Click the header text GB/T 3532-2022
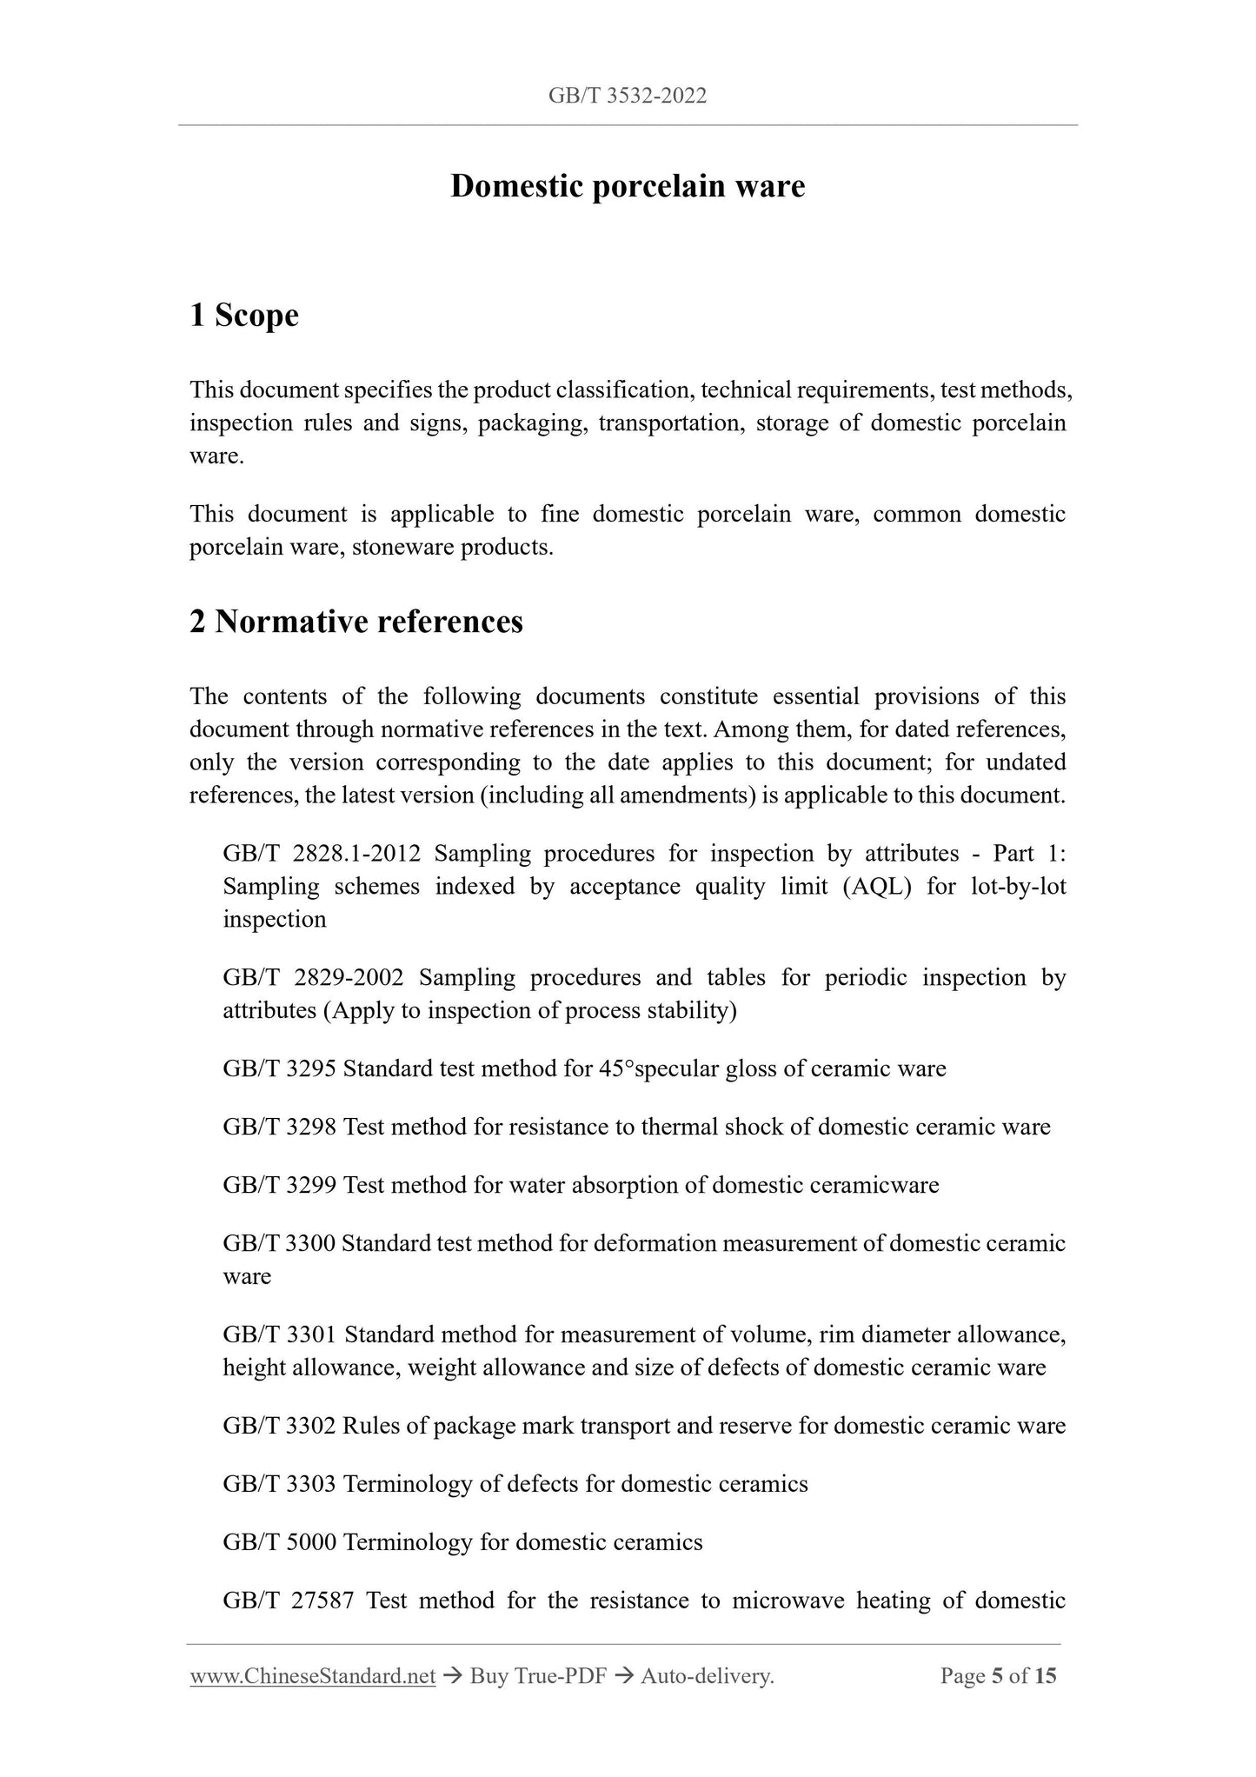[628, 96]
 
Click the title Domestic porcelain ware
[628, 186]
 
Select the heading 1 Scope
[243, 315]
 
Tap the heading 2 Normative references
[356, 622]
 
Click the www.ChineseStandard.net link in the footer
[312, 1676]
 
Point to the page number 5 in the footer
[997, 1676]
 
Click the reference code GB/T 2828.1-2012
[322, 854]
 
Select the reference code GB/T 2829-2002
[313, 977]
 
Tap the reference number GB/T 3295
[279, 1068]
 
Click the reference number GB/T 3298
[279, 1127]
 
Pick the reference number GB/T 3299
[279, 1185]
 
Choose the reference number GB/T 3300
[278, 1243]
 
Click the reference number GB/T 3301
[280, 1334]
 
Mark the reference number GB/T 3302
[279, 1426]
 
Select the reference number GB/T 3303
[279, 1484]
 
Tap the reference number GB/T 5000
[279, 1542]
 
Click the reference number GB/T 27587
[288, 1601]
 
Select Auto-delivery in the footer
[707, 1676]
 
